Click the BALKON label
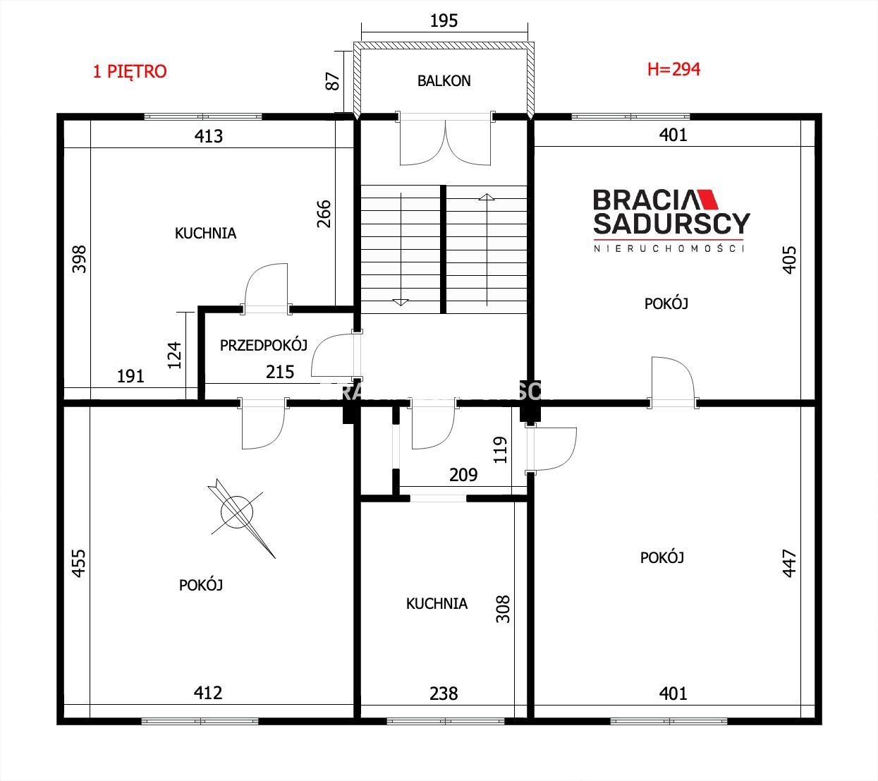pyautogui.click(x=444, y=81)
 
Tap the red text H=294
pyautogui.click(x=673, y=69)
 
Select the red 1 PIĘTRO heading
pyautogui.click(x=130, y=71)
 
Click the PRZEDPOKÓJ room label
pyautogui.click(x=264, y=345)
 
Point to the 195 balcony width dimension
pyautogui.click(x=444, y=21)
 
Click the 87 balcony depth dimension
pyautogui.click(x=332, y=81)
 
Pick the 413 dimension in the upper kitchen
pyautogui.click(x=209, y=136)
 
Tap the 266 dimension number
pyautogui.click(x=324, y=214)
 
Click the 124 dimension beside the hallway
pyautogui.click(x=174, y=355)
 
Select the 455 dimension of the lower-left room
pyautogui.click(x=79, y=564)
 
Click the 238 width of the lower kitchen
pyautogui.click(x=444, y=694)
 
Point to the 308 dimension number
pyautogui.click(x=503, y=609)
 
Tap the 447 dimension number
pyautogui.click(x=789, y=563)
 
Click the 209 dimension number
pyautogui.click(x=463, y=476)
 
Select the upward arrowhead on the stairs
pyautogui.click(x=487, y=197)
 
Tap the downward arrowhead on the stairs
pyautogui.click(x=401, y=302)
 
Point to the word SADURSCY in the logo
pyautogui.click(x=671, y=224)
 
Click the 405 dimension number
pyautogui.click(x=789, y=260)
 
